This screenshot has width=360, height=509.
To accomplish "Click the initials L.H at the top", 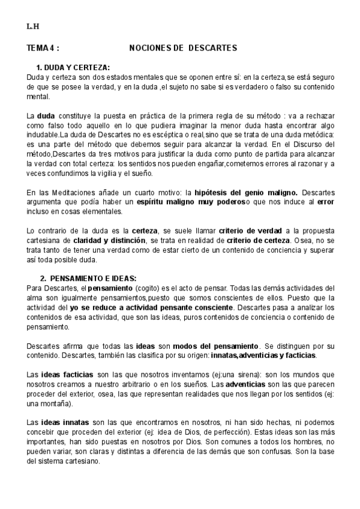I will point(32,27).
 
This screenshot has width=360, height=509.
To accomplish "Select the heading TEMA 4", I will point(43,47).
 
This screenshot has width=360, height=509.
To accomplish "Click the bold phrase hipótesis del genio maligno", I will point(246,192).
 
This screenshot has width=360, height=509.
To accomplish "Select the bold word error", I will point(326,202).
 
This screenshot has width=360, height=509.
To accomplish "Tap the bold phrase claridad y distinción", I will point(115,240).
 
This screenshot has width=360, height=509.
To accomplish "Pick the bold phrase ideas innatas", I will point(63,422).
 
